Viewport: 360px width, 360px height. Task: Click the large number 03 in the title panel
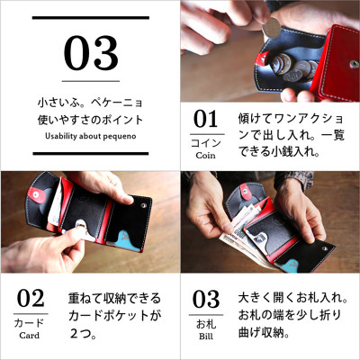point(91,54)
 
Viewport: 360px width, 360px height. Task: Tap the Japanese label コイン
point(206,141)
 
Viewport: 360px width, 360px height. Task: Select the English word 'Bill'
point(206,336)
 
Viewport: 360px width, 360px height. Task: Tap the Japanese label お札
point(206,322)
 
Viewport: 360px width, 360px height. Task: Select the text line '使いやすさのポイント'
point(90,121)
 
